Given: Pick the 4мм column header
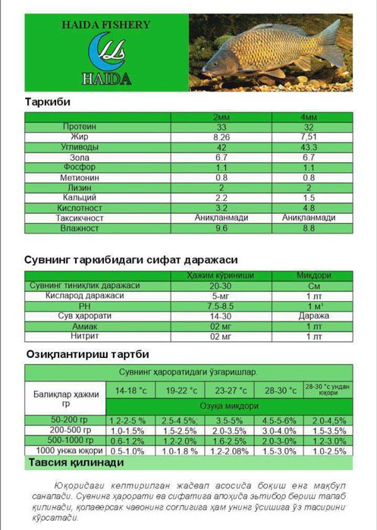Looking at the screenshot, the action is pyautogui.click(x=309, y=117).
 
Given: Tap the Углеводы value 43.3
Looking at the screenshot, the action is pyautogui.click(x=309, y=146).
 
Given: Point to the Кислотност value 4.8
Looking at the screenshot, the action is pyautogui.click(x=309, y=207).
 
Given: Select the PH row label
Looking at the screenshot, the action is pyautogui.click(x=94, y=306).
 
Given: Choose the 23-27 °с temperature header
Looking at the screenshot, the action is pyautogui.click(x=231, y=390).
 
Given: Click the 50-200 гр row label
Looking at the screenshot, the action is pyautogui.click(x=66, y=419).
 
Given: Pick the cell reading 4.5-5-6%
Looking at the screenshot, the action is pyautogui.click(x=279, y=419).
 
